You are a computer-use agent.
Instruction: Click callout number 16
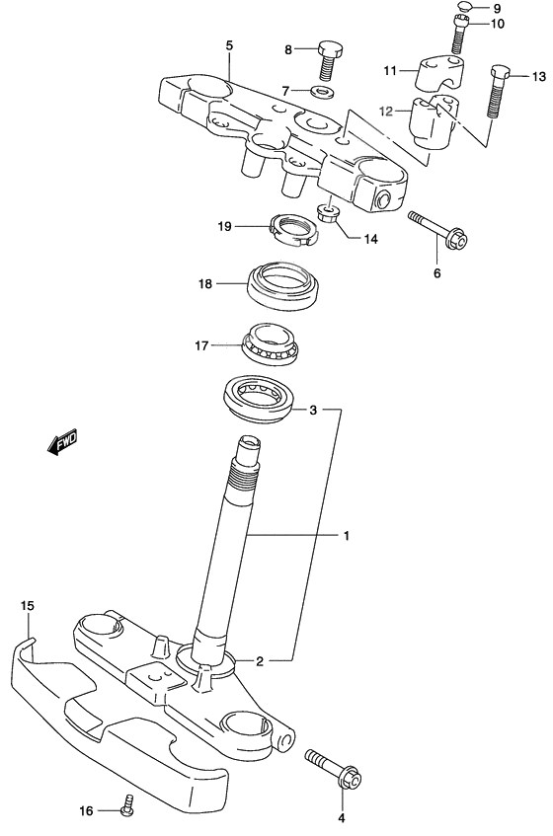(87, 810)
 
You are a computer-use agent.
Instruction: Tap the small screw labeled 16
(126, 806)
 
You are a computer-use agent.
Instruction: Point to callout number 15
(27, 604)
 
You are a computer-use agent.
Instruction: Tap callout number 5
(229, 45)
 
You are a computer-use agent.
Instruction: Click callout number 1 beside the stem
(347, 537)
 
